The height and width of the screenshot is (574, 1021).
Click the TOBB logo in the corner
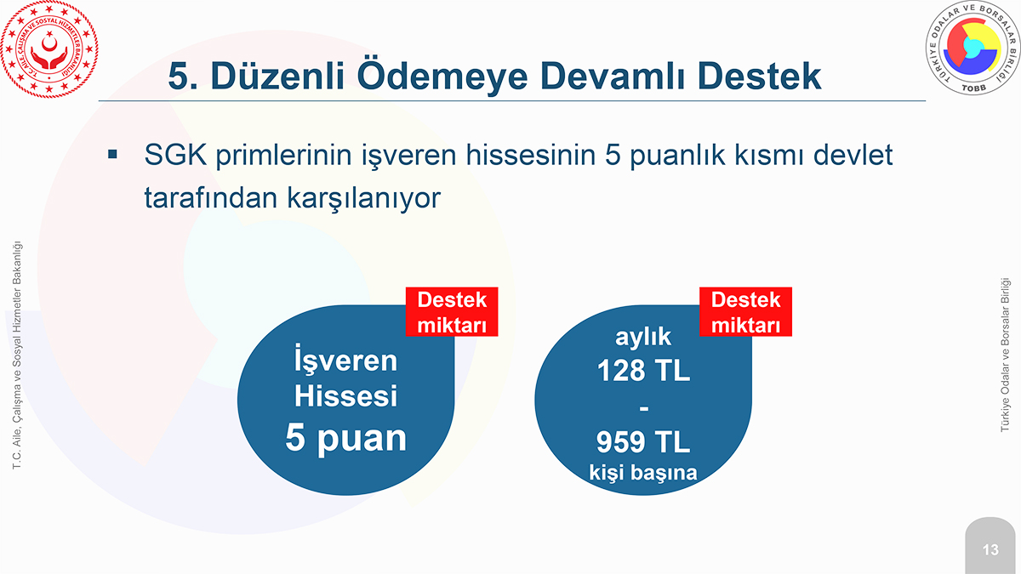pos(973,48)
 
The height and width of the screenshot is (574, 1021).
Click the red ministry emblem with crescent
pos(48,48)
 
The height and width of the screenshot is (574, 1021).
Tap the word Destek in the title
pos(759,76)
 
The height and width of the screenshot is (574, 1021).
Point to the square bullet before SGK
pos(112,154)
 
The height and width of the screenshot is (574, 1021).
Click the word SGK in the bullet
pos(175,155)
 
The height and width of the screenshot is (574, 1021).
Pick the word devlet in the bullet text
pos(853,155)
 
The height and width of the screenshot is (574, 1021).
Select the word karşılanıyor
pos(364,198)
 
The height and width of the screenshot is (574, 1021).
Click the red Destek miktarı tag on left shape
pos(452,312)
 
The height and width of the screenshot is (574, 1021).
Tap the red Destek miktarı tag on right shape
pos(745,312)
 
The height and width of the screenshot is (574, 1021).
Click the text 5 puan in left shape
pos(346,438)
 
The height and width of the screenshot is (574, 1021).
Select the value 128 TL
pos(643,371)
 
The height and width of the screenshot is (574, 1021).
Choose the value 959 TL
pos(643,442)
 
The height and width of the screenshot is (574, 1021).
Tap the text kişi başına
pos(643,473)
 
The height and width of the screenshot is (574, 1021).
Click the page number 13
pos(991,550)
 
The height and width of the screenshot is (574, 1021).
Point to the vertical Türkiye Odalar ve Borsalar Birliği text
pos(1005,355)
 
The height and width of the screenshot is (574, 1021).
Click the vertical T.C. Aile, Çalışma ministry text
pos(17,355)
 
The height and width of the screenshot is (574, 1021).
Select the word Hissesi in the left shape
pos(345,396)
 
